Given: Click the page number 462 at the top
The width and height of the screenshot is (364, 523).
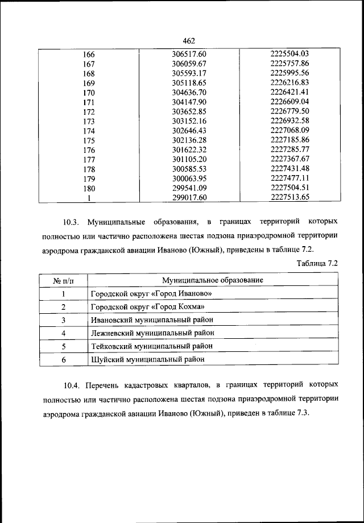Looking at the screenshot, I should (x=189, y=40).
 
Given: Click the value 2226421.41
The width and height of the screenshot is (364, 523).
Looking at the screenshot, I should (x=289, y=92).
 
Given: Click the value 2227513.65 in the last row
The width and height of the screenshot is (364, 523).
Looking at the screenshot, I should (x=289, y=198).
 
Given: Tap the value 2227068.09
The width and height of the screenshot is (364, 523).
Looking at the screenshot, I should (x=289, y=131).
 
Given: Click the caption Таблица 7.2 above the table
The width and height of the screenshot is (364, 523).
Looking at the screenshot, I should (x=317, y=263).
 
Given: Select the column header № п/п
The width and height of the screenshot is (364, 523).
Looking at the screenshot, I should (x=64, y=280).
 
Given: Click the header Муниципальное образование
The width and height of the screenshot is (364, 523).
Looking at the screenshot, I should (x=212, y=280).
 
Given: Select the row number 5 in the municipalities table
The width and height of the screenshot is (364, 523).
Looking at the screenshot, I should (x=64, y=346).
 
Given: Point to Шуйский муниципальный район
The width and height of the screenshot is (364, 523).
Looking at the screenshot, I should (x=147, y=359).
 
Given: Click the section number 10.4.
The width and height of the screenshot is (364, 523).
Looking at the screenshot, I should (x=73, y=385).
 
